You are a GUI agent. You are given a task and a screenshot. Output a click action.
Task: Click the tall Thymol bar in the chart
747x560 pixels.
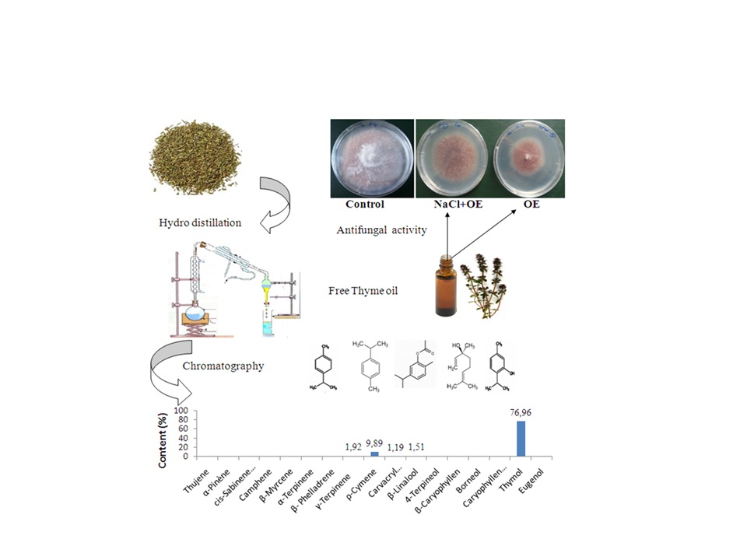521,438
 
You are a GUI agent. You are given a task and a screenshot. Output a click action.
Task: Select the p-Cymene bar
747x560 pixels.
374,453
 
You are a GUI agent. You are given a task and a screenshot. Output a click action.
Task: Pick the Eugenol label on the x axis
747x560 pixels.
531,476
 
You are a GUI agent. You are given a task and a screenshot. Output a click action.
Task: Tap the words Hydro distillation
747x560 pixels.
198,222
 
